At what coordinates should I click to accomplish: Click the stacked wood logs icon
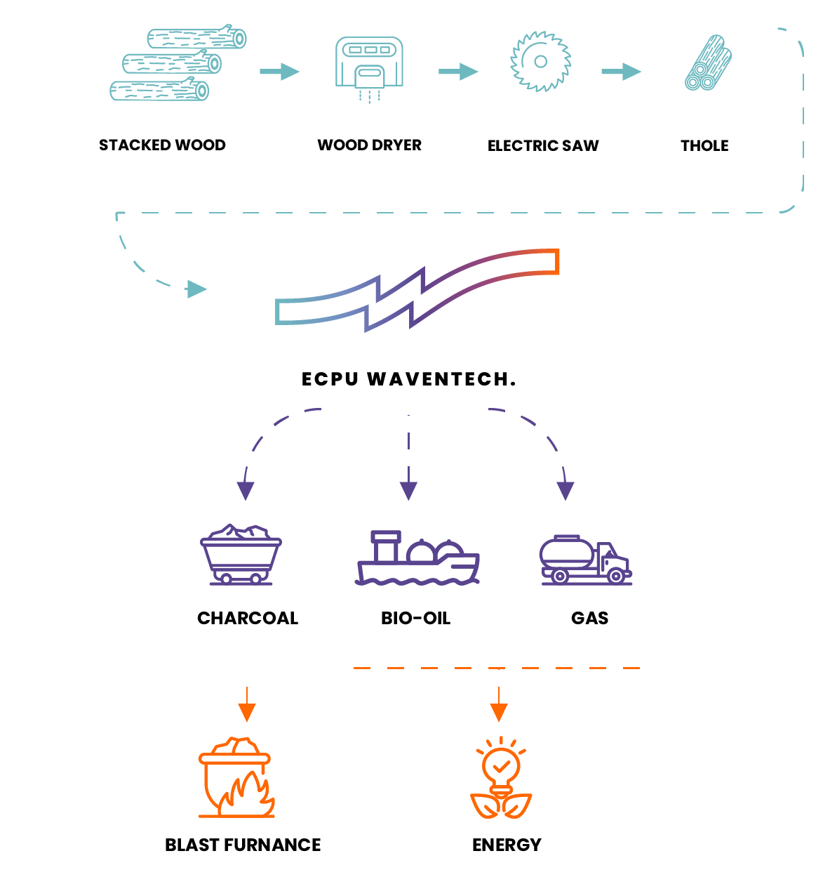177,64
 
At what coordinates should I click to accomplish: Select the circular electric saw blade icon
540,62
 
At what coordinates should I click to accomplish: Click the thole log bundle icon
708,64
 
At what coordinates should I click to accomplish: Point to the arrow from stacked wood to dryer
280,71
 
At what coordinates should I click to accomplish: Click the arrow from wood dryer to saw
458,71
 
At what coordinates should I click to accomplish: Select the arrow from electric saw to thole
622,71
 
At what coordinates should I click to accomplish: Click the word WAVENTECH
442,379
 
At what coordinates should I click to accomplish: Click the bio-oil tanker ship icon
417,558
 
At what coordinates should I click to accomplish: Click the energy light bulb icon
501,778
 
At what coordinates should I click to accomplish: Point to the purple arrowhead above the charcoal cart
246,491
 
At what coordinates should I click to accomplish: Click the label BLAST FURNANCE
243,845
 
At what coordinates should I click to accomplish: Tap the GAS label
589,618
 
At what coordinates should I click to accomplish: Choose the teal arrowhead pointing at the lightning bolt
196,289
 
